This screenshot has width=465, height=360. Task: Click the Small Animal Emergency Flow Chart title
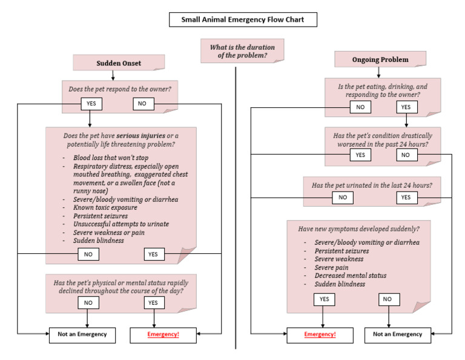point(242,20)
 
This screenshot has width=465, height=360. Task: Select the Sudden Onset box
point(118,63)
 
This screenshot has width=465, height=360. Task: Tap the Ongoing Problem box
point(380,59)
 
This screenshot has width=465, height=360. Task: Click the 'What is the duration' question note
point(242,52)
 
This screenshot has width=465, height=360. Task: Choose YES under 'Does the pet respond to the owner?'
point(91,104)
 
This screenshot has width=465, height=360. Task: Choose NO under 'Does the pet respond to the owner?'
point(143,104)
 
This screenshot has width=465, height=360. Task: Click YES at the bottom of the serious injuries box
point(153,254)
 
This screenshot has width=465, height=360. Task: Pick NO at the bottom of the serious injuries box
point(88,254)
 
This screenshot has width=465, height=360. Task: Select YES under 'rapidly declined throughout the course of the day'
point(153,302)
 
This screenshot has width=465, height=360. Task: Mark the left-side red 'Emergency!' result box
point(164,334)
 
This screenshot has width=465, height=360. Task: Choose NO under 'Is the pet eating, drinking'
point(360,107)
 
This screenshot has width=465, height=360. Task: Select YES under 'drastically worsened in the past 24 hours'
point(360,155)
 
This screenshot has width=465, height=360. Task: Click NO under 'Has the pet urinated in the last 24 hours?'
point(343,197)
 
